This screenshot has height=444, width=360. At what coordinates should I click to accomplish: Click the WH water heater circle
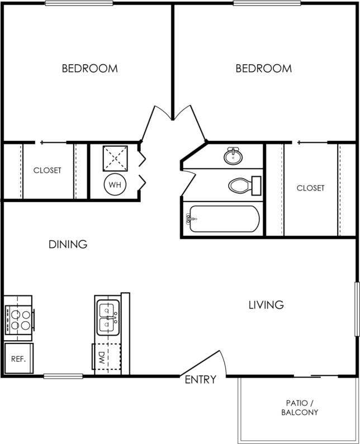tap(115, 184)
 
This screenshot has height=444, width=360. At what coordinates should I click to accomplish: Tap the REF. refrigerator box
tap(18, 359)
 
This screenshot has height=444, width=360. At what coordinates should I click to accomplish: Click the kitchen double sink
tap(107, 316)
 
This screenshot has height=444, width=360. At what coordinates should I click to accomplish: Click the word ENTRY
tap(200, 380)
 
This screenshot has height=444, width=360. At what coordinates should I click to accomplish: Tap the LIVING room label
tap(266, 305)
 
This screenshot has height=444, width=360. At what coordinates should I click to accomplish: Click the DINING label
tap(68, 244)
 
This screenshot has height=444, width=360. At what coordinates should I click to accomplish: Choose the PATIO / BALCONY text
tap(300, 408)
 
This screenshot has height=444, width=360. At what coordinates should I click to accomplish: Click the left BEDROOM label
tap(89, 69)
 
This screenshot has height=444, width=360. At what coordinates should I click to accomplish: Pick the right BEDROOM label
tap(263, 69)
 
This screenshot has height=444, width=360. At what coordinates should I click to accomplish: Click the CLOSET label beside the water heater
tap(47, 170)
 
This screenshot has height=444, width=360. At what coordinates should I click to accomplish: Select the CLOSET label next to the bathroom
tap(310, 188)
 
